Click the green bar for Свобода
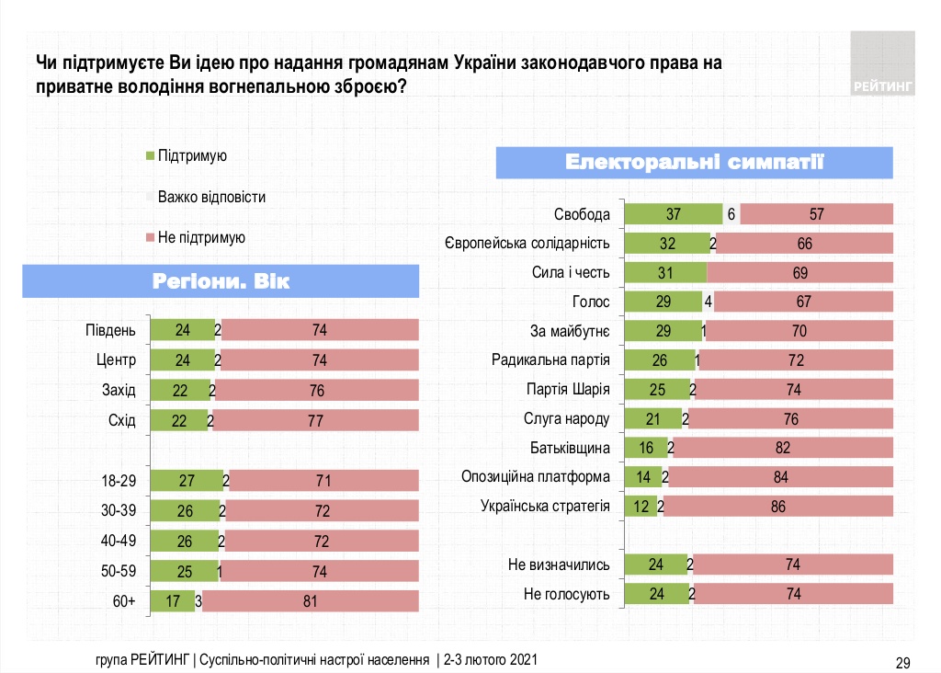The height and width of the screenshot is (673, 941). pos(673,214)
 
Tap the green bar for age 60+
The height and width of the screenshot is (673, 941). pos(172,602)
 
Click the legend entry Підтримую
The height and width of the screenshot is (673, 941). pos(191,156)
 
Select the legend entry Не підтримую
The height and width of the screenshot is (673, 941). pos(200,237)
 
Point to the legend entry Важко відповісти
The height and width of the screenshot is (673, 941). pos(210,197)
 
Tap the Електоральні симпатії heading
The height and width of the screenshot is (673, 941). pos(695,163)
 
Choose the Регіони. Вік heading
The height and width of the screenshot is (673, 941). pos(221,281)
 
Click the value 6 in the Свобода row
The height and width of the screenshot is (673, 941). pos(731,214)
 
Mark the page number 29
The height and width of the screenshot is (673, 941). pos(902,661)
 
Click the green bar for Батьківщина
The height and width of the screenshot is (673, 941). pos(646,448)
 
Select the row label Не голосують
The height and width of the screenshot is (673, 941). pos(565,594)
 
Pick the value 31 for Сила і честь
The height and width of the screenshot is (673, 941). pos(664,272)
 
